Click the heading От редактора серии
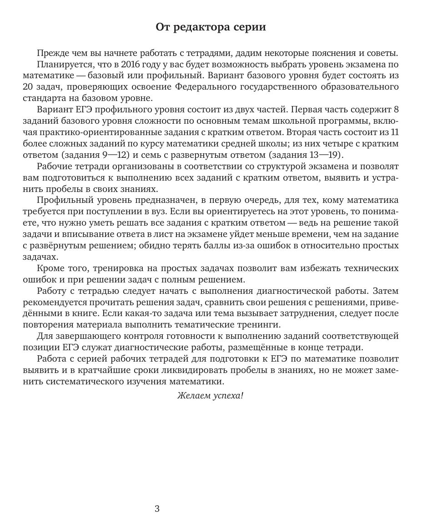pos(211,27)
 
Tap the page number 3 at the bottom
pos(157,509)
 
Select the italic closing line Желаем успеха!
pos(210,396)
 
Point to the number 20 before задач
pos(28,87)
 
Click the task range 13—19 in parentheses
pos(326,155)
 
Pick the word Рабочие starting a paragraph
pos(52,166)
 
